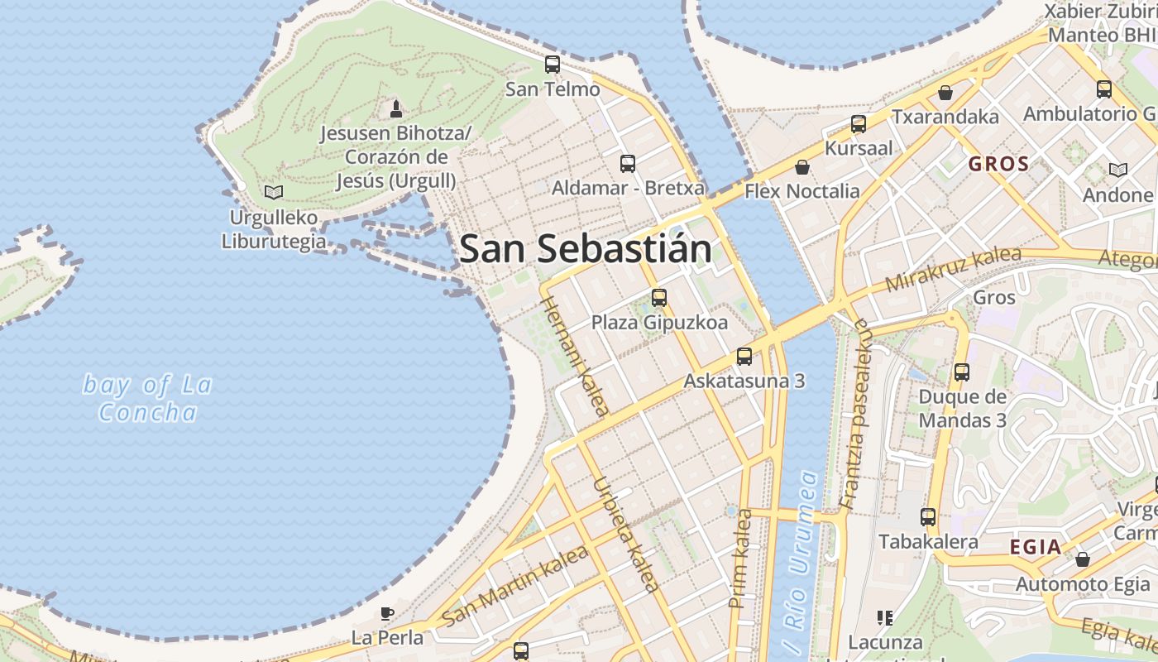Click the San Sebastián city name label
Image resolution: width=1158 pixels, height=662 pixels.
[x=585, y=249]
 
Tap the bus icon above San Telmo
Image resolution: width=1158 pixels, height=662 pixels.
[x=553, y=65]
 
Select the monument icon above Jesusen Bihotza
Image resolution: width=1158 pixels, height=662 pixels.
[x=396, y=108]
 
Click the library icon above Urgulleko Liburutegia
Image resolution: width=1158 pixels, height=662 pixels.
[x=274, y=193]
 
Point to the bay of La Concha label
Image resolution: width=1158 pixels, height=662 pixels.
[x=148, y=398]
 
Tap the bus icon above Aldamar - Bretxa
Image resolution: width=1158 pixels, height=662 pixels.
[x=628, y=163]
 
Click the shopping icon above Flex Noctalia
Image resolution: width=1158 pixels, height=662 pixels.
[x=802, y=168]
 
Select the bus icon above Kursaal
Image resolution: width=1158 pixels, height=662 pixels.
[x=859, y=125]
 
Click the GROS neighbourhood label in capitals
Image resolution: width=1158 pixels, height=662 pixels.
[x=998, y=164]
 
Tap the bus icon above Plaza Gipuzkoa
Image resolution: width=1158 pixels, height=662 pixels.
[x=659, y=298]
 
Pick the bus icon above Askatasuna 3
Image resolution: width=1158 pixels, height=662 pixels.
[x=744, y=357]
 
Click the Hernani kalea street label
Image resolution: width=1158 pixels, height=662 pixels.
[x=576, y=356]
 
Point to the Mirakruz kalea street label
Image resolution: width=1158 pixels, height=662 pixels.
[x=953, y=269]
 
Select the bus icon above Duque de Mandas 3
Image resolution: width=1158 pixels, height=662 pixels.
[x=962, y=372]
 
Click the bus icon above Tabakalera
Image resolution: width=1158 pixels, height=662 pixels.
[x=928, y=517]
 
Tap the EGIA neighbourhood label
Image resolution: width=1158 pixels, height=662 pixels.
[x=1036, y=547]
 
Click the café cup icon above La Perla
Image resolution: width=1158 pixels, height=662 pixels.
[x=386, y=613]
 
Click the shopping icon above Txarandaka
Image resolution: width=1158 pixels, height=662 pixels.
[x=945, y=93]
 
